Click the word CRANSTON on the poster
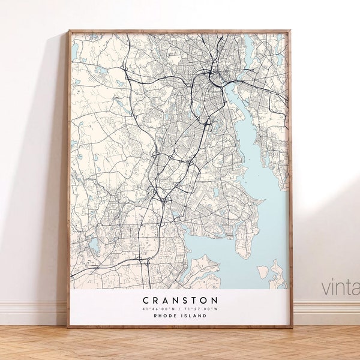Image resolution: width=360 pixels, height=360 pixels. pos(180,299)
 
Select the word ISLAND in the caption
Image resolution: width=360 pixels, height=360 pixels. pos(195,316)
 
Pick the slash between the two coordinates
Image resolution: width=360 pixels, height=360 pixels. pos(181,308)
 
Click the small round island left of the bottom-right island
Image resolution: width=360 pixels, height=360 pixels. pos(262,272)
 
